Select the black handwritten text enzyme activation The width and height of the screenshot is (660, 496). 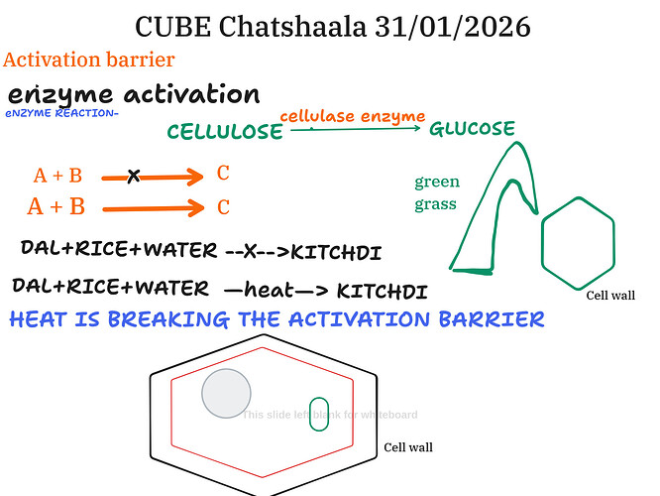coord(133,95)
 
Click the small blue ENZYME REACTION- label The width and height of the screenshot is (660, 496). coord(61,113)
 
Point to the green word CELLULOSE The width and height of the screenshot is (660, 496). coord(225,133)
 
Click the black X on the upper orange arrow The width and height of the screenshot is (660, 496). coord(134,177)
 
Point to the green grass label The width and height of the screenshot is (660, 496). coord(436,193)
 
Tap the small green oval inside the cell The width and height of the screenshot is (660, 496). coord(320,414)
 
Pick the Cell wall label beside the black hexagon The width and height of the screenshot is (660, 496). coord(408,447)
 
